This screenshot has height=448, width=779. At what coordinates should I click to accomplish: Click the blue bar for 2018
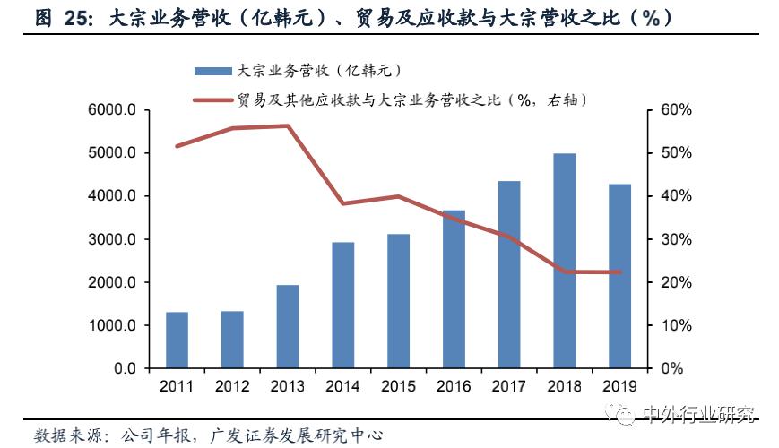pyautogui.click(x=564, y=261)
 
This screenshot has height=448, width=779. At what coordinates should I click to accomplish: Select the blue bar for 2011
pyautogui.click(x=177, y=340)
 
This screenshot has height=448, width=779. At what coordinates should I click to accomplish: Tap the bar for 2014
pyautogui.click(x=342, y=305)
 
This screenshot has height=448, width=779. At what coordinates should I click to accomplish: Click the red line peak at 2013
pyautogui.click(x=288, y=125)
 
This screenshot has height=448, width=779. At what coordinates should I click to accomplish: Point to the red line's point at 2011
pyautogui.click(x=177, y=145)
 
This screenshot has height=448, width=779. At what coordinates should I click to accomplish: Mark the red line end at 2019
pyautogui.click(x=619, y=272)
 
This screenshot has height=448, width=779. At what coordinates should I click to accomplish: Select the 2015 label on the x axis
pyautogui.click(x=398, y=386)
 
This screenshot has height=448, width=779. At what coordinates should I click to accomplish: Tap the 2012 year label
pyautogui.click(x=232, y=386)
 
